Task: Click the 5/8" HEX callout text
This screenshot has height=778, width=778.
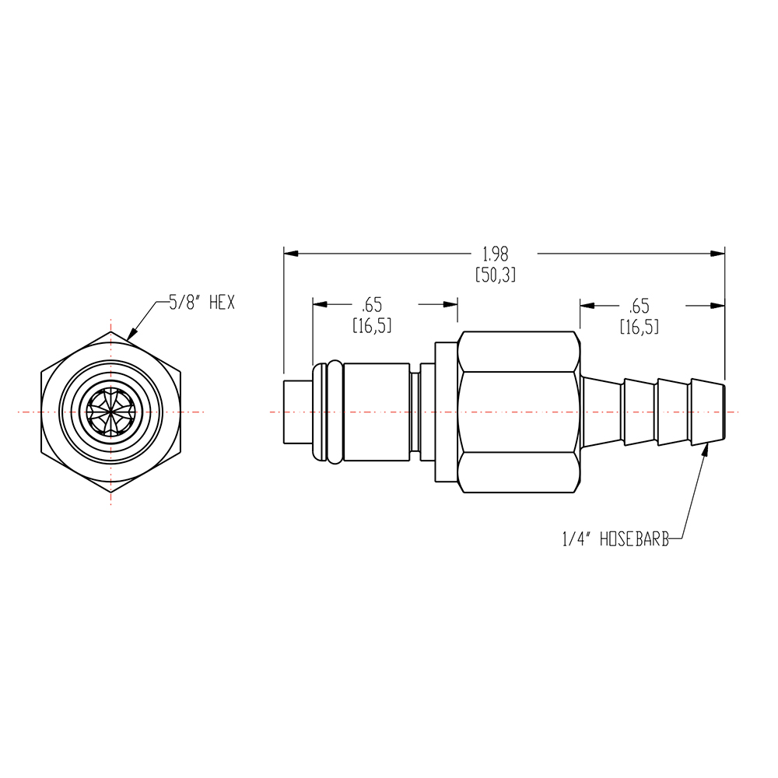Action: [202, 302]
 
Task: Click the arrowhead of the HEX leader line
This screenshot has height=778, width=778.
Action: [130, 337]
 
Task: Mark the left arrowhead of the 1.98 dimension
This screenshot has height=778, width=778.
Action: [289, 253]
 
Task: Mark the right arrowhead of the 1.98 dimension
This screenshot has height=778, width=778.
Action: [719, 253]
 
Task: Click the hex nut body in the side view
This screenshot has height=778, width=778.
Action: [519, 412]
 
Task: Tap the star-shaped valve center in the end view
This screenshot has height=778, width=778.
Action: [110, 411]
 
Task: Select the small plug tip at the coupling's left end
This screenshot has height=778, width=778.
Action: [297, 412]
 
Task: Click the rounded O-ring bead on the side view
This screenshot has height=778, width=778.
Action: [334, 412]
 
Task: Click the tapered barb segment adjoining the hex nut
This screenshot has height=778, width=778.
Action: [602, 412]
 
